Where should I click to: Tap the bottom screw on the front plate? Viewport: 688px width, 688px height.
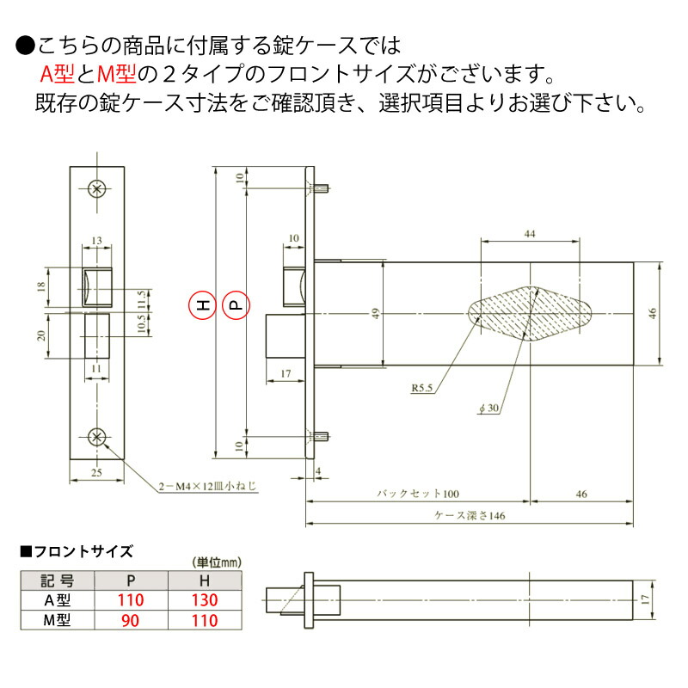click(x=98, y=436)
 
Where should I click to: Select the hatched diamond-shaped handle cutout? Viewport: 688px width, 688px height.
click(x=531, y=313)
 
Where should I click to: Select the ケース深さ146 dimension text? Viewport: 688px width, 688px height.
click(x=469, y=517)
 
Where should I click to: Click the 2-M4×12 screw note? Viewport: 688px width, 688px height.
click(x=207, y=486)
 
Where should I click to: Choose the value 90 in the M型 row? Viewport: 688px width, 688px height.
click(x=131, y=620)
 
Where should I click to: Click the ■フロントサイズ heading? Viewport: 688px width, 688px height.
click(x=76, y=550)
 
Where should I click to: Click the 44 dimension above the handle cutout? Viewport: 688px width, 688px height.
click(x=530, y=234)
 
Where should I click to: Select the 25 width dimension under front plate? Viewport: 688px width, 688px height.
click(x=98, y=472)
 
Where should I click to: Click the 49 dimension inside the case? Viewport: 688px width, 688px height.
click(x=374, y=314)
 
